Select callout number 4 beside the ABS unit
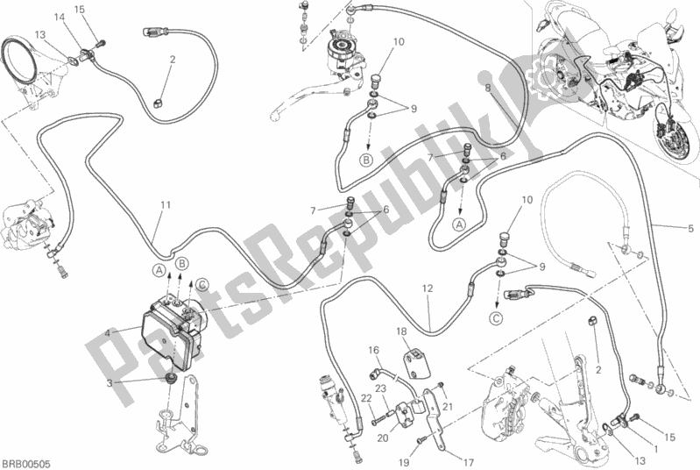click(x=108, y=332)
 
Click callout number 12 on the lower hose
click(x=427, y=288)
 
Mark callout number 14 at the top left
click(x=58, y=17)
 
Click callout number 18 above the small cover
click(x=400, y=331)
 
